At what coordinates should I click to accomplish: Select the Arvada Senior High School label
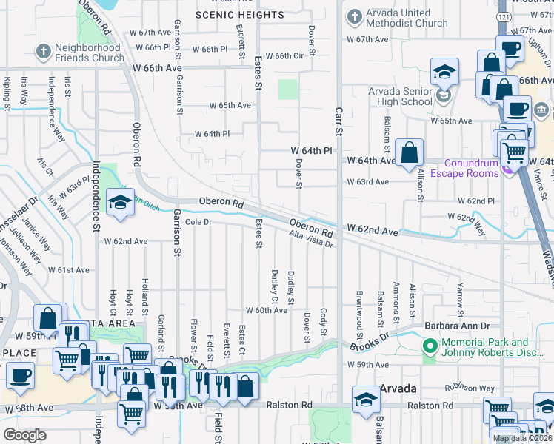[401, 96]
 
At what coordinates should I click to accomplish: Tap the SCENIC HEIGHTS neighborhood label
[230, 14]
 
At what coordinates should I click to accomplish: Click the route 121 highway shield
[503, 16]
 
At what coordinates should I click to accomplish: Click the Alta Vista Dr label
[311, 239]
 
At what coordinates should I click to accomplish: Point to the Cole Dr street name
[198, 222]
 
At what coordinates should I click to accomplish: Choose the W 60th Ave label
[266, 311]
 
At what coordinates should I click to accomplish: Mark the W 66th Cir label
[284, 55]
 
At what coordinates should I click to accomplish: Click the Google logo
[25, 434]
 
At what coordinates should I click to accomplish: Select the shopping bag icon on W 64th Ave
[409, 154]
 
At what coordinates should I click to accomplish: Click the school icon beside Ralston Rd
[366, 401]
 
